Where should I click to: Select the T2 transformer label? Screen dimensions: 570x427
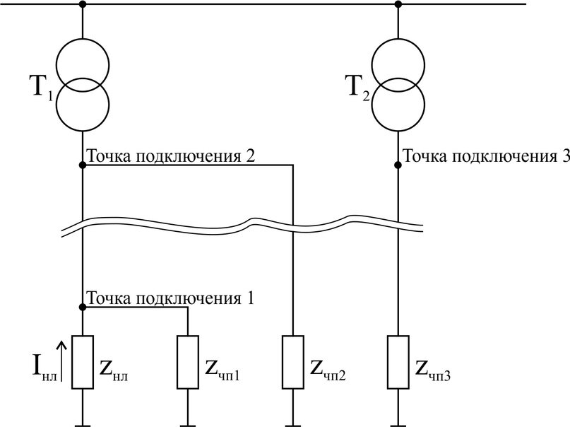359,89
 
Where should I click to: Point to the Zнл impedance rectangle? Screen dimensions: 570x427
83,362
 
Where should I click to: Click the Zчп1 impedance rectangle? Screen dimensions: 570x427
188,362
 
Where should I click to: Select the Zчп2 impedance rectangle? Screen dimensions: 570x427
293,362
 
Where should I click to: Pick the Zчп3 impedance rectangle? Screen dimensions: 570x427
398,362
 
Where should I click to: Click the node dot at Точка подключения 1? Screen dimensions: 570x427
83,308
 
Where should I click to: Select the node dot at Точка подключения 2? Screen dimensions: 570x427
83,165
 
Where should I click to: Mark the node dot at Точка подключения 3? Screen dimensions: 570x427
398,165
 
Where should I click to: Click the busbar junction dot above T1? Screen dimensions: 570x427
83,4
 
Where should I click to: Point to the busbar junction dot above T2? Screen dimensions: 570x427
398,4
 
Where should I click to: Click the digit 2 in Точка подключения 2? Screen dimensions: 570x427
250,156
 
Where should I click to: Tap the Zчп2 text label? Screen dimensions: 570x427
328,370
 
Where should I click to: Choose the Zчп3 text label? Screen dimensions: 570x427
433,370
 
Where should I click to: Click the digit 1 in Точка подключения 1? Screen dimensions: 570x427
250,298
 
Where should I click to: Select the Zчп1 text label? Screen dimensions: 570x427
222,370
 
